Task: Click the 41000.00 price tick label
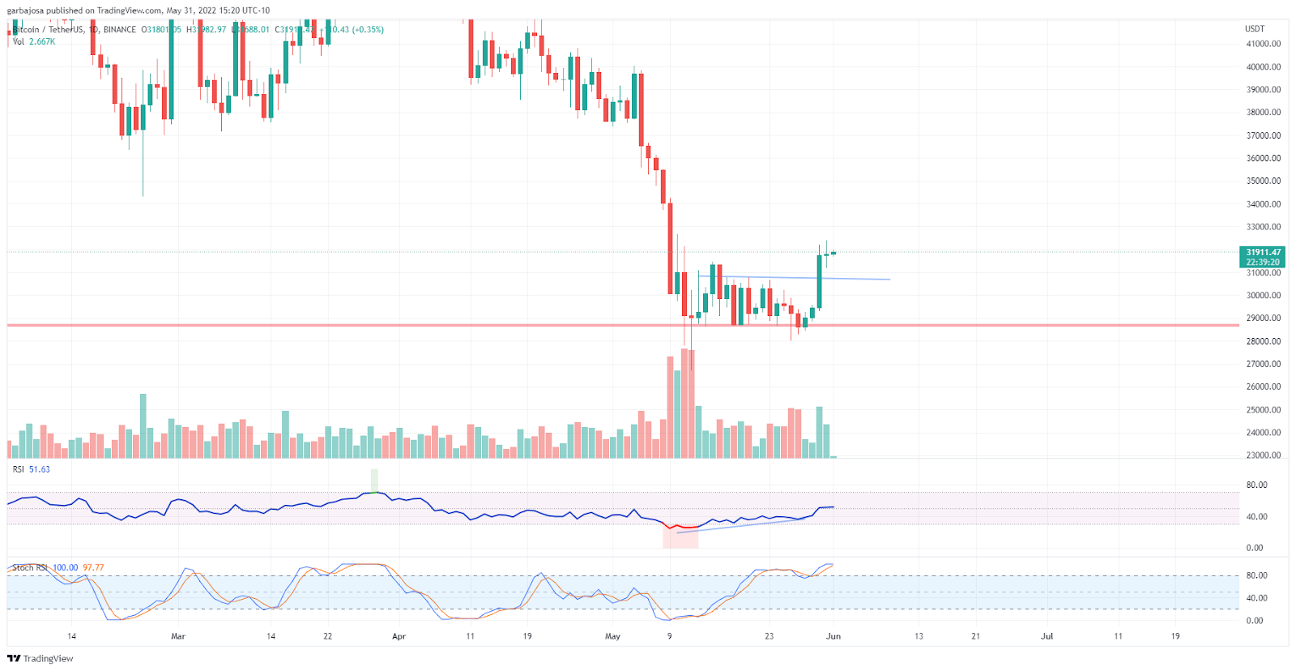click(1263, 44)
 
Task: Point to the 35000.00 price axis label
click(1263, 181)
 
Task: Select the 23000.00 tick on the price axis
click(1263, 455)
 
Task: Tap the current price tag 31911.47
click(1263, 253)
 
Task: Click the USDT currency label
click(1254, 28)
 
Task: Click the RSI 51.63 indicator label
click(31, 469)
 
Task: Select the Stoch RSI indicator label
click(29, 568)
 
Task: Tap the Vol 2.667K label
click(34, 41)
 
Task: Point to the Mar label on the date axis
click(178, 636)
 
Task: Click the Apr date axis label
click(399, 636)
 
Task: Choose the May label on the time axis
click(612, 636)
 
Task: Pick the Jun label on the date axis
click(833, 636)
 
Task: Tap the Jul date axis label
click(1047, 636)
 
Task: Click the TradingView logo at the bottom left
click(40, 658)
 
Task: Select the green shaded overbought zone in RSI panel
click(374, 480)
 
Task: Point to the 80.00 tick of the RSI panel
click(1256, 485)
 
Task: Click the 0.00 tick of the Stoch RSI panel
click(1254, 621)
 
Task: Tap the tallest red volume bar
click(685, 404)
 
